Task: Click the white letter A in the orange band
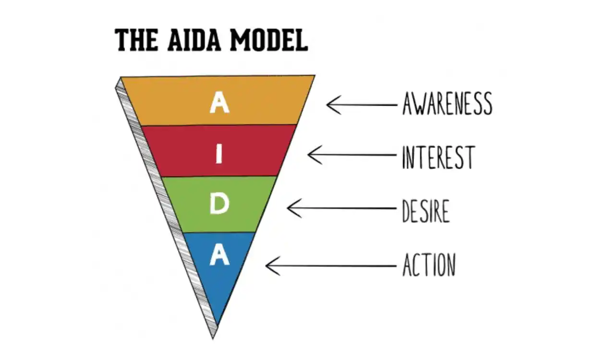[x=219, y=103]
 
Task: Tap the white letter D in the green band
[x=219, y=205]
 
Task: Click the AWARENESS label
[x=447, y=104]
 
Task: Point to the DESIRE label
[x=425, y=211]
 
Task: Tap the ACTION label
[x=428, y=264]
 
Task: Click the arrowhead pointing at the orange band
[x=330, y=105]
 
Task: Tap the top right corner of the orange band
[x=314, y=77]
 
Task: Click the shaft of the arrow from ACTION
[x=336, y=265]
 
